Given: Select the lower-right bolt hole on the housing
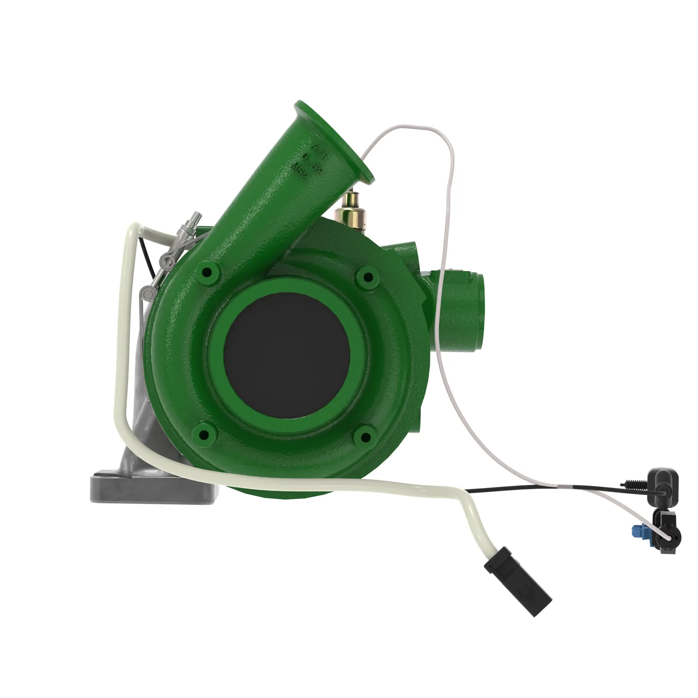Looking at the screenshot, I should (365, 438).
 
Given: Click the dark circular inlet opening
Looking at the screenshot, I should (287, 356).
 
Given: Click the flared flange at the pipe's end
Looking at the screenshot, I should (334, 142).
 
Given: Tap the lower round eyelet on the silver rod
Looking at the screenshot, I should (147, 291).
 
